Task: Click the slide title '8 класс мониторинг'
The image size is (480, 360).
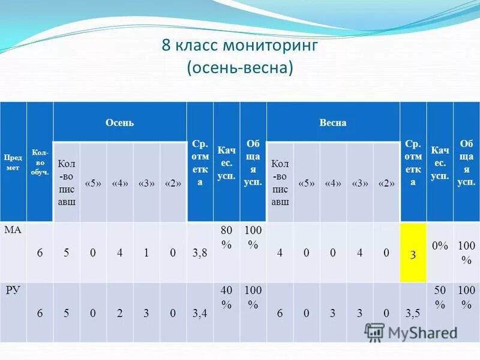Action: [239, 46]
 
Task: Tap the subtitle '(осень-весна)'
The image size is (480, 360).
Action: [239, 67]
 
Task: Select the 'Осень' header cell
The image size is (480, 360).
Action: [119, 122]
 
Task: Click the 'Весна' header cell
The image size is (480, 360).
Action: [333, 122]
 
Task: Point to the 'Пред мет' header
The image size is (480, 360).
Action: [13, 163]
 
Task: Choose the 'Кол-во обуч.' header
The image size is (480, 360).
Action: [40, 163]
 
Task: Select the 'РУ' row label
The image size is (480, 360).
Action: [13, 291]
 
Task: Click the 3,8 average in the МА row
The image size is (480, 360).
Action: [200, 253]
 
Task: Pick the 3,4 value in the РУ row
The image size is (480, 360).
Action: [200, 313]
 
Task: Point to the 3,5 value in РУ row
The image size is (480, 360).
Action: [413, 313]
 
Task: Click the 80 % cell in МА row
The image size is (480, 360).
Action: [226, 237]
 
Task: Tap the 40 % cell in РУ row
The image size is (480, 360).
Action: [226, 297]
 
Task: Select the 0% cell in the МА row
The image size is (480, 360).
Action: [440, 245]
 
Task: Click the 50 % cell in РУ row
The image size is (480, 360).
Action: [440, 297]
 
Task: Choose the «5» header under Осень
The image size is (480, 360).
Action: [93, 183]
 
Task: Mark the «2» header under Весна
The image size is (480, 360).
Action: [386, 183]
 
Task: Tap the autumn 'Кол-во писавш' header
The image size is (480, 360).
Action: [66, 182]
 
